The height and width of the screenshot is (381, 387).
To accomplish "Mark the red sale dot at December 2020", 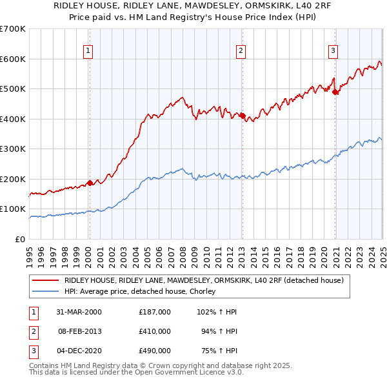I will click(x=335, y=92).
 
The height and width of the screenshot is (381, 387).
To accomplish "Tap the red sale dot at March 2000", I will click(x=90, y=183).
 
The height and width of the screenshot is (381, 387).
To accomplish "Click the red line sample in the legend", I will click(x=45, y=280).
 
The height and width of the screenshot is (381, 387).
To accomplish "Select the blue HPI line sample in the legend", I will click(x=45, y=292).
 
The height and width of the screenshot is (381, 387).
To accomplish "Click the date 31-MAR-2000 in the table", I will click(x=79, y=311).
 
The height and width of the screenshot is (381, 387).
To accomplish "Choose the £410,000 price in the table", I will click(x=155, y=331).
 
